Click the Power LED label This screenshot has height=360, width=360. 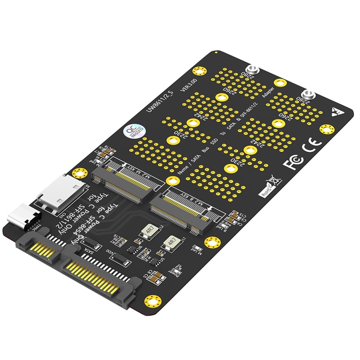tap(174, 271)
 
